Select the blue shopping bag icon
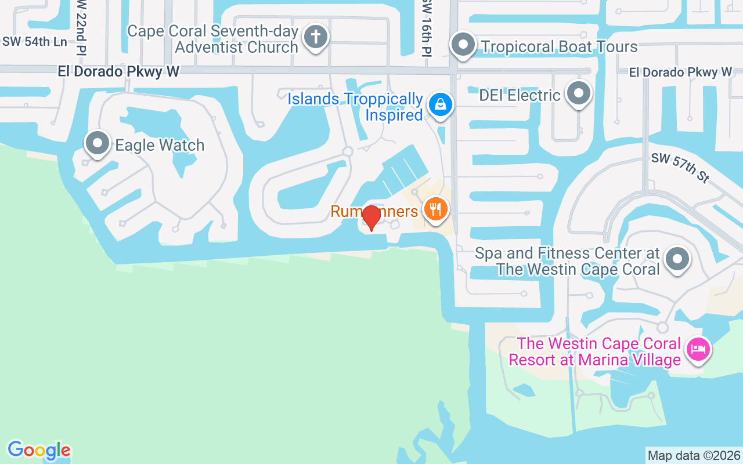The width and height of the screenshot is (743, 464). (441, 105)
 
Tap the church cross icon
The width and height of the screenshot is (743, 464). (315, 37)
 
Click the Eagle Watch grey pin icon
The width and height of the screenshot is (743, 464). (97, 143)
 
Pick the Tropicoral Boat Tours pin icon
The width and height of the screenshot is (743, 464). (463, 44)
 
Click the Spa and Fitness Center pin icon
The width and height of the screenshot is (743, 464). (676, 259)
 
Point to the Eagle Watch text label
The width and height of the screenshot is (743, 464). (160, 145)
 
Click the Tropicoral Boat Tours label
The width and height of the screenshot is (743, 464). (559, 46)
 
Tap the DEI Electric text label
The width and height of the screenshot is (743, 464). (520, 95)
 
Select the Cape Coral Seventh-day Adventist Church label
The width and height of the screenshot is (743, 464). (213, 39)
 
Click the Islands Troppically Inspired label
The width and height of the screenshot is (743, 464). (355, 107)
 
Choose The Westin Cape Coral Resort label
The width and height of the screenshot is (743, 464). (594, 351)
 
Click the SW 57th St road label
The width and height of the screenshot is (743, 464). (680, 168)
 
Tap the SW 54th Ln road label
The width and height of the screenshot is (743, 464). (34, 42)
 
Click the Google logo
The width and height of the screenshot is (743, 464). (39, 450)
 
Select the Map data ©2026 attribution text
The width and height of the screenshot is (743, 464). (694, 455)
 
